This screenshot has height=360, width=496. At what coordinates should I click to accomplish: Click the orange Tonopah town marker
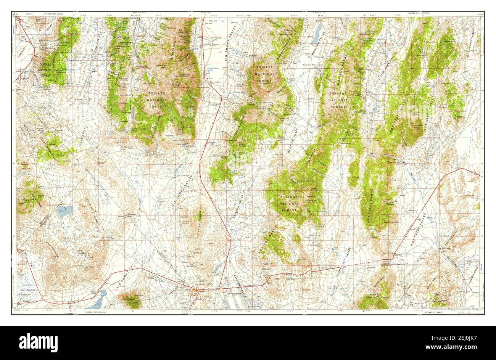point(196,290)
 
